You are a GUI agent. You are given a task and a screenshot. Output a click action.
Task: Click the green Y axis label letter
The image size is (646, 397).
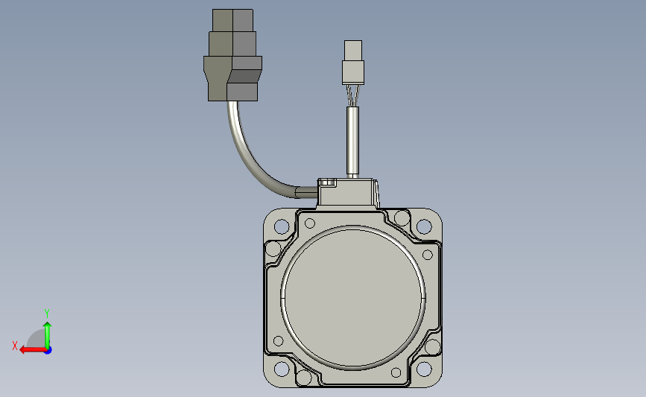click(x=46, y=314)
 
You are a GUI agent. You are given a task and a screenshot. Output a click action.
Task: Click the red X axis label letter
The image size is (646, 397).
click(x=15, y=346)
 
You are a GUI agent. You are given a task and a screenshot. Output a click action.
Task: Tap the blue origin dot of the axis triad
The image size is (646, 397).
click(x=48, y=350)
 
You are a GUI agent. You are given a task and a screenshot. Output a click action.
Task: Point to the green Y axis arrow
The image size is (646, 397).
click(x=48, y=335)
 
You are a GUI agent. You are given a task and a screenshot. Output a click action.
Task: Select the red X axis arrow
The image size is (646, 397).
click(x=33, y=350)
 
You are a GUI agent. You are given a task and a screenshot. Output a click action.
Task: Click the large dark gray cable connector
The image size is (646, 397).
click(x=232, y=55)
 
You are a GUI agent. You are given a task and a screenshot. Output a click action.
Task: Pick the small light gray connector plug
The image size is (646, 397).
click(x=353, y=63)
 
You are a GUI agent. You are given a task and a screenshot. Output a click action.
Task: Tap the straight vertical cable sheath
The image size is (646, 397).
click(x=352, y=141)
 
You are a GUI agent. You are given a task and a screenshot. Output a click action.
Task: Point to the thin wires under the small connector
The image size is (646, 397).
click(x=352, y=95)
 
